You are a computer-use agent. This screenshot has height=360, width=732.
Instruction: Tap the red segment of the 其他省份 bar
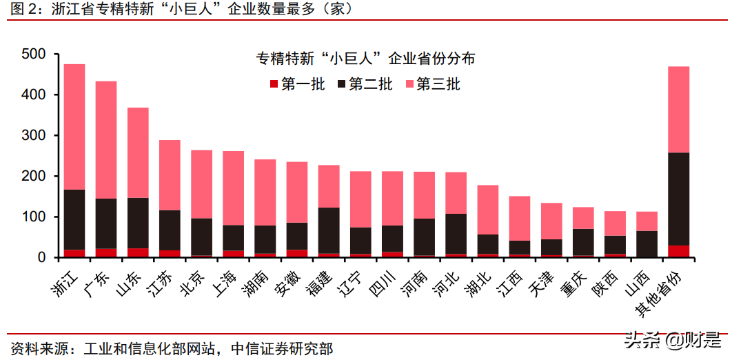679,251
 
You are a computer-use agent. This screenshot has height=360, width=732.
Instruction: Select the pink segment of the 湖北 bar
488,210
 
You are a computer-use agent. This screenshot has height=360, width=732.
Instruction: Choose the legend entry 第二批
364,85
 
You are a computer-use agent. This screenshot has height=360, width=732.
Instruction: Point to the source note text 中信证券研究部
280,348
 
